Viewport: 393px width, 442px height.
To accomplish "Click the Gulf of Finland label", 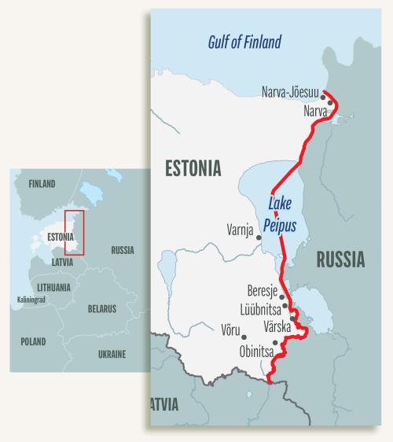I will click(244, 42).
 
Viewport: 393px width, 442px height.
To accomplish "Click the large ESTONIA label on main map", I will click(193, 168).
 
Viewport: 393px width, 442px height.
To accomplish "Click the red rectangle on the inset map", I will click(73, 233).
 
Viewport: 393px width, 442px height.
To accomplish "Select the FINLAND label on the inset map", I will click(42, 184).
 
